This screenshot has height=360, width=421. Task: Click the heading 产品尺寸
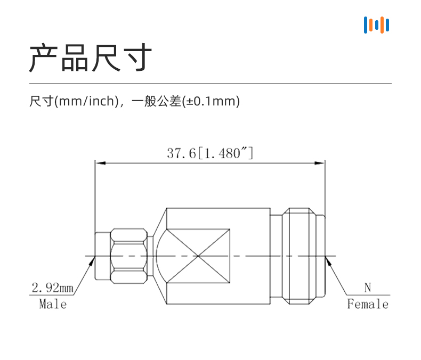tap(91, 58)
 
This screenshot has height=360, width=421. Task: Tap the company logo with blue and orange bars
tap(376, 25)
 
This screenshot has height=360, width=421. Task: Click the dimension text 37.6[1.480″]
tap(210, 153)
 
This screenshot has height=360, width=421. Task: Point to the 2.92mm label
tap(52, 288)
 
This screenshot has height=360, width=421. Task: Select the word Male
tap(53, 304)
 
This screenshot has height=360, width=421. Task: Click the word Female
tap(368, 304)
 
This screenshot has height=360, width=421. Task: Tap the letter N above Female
tap(368, 288)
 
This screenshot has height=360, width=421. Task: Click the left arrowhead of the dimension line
tap(100, 163)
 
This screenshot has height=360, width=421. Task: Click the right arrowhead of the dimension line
tap(320, 163)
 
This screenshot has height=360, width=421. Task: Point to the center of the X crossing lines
tap(198, 256)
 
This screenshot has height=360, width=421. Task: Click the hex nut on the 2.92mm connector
tap(129, 256)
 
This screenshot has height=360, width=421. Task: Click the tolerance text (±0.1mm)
tap(211, 101)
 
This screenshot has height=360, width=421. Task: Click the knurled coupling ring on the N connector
tap(299, 256)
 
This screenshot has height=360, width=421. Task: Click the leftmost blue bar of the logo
tap(366, 25)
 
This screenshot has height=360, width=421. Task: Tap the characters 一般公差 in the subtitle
tap(157, 101)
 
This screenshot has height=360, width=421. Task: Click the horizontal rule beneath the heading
tap(210, 83)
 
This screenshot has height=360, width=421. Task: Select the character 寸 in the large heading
tap(137, 58)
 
